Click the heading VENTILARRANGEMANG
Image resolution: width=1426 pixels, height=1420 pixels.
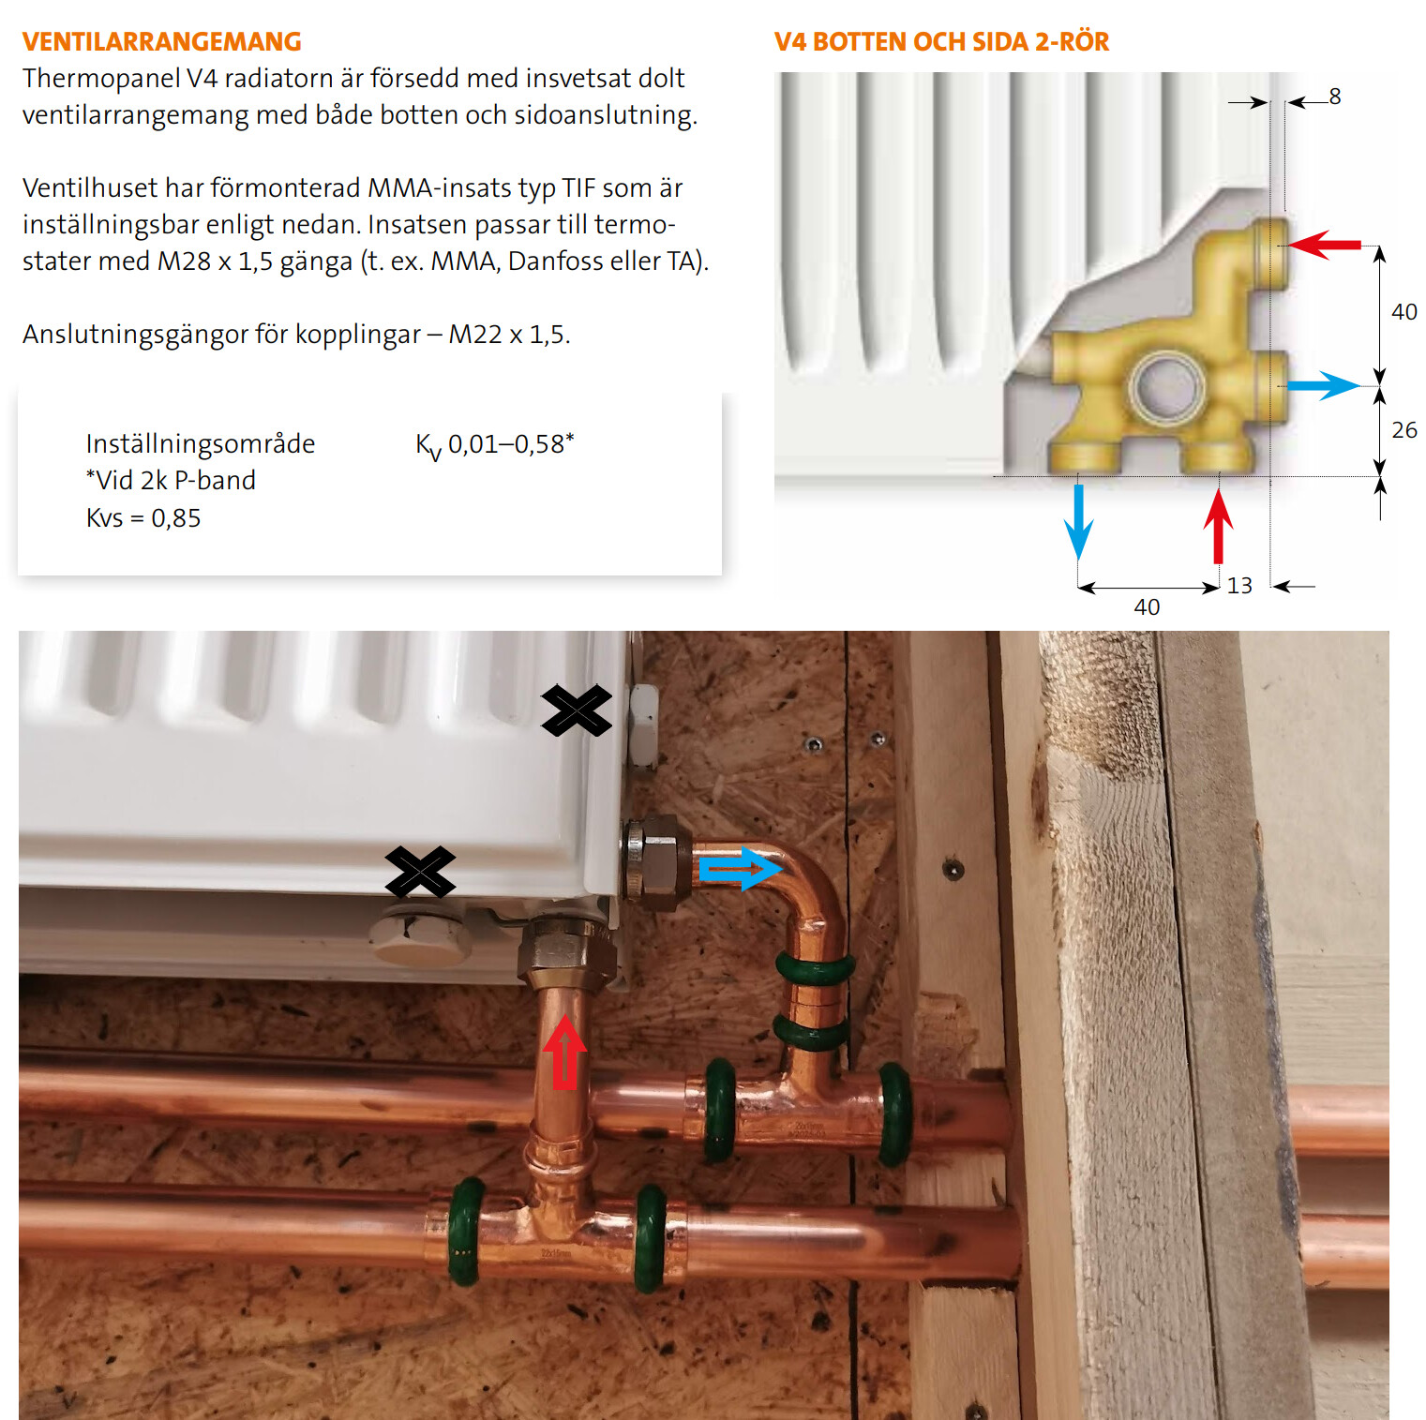pos(162,42)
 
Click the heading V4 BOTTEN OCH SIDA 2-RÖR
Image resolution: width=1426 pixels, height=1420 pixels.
pos(941,42)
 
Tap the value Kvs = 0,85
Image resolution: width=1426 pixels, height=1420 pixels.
pos(143,517)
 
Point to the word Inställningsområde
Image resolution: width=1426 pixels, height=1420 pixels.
pos(201,443)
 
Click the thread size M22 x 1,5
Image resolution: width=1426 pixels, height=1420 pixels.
pos(508,335)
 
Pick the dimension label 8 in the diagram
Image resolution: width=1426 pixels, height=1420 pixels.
pos(1335,97)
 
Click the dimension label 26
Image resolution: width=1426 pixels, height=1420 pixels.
pos(1404,430)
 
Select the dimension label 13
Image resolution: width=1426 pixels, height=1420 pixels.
pos(1239,586)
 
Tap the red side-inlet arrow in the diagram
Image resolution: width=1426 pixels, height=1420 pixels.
pos(1325,245)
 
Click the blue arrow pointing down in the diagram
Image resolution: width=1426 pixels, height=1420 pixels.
pos(1079,522)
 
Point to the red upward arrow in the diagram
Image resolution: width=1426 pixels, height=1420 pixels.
pos(1218,527)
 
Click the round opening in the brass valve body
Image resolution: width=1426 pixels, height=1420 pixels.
pos(1167,386)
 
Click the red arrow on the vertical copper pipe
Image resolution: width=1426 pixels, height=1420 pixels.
pos(564,1052)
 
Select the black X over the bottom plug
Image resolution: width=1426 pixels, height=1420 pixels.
pos(420,872)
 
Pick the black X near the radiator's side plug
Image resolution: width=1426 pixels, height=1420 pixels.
pos(577,710)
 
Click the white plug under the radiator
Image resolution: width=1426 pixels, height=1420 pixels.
pos(418,938)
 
